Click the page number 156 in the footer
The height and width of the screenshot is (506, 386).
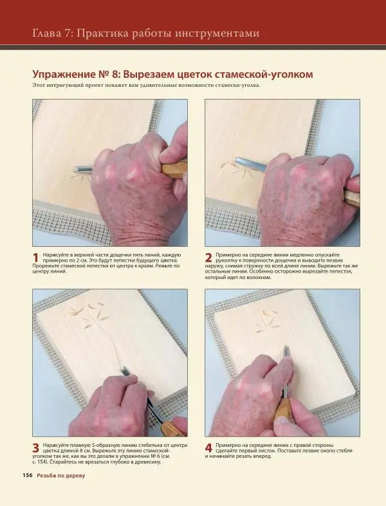coord(28,475)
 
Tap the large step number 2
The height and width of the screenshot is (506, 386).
coord(209,258)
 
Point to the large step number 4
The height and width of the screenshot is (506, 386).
coord(209,447)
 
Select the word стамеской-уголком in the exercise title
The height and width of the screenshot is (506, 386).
coord(261,75)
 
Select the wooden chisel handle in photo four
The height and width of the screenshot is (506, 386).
coord(283,409)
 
